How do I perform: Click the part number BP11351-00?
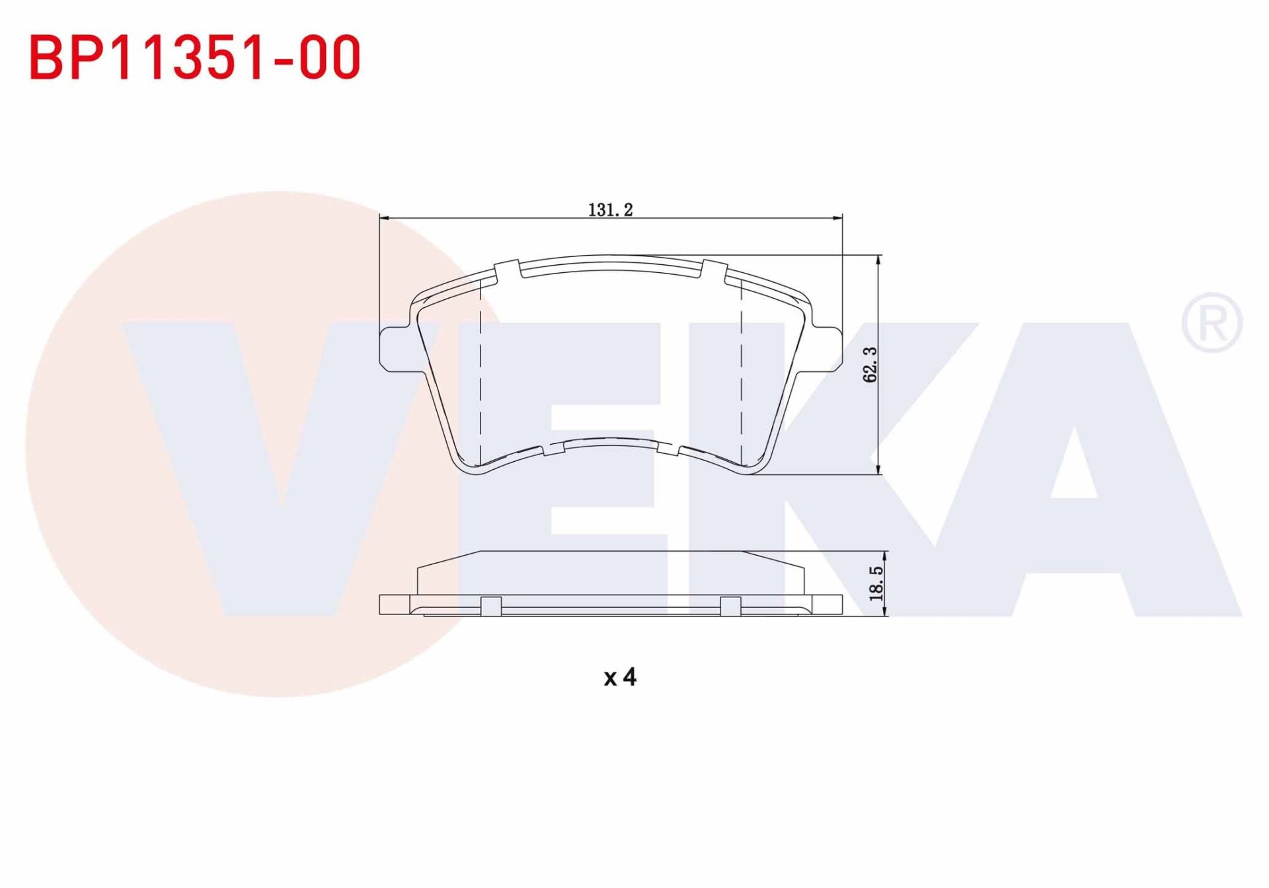click(195, 58)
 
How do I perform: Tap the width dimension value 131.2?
click(610, 210)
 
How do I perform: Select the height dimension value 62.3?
click(870, 364)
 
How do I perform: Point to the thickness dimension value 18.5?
click(876, 583)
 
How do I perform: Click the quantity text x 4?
click(620, 677)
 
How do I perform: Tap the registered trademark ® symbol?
click(1211, 322)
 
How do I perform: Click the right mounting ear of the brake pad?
click(828, 347)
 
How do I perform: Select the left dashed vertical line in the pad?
click(480, 370)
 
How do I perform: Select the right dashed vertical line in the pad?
click(742, 370)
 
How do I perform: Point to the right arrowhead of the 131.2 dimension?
click(837, 217)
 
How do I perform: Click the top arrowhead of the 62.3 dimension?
click(878, 260)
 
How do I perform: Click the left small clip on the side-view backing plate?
click(490, 606)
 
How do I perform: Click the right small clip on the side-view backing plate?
click(730, 606)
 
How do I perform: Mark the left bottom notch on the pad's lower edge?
click(554, 450)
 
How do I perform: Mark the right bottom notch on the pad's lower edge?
click(668, 450)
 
